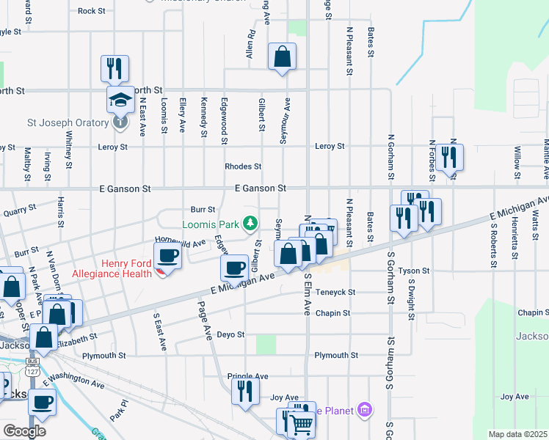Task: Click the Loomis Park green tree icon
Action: [250, 222]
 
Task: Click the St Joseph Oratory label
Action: [68, 122]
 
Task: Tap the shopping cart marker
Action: [302, 424]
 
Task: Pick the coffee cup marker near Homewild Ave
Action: [168, 257]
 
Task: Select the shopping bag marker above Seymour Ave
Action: [283, 56]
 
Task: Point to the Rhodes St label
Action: [243, 166]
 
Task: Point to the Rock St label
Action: [92, 11]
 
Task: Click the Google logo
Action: [24, 430]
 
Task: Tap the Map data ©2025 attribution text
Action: [517, 434]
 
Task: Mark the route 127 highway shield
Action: [32, 371]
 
